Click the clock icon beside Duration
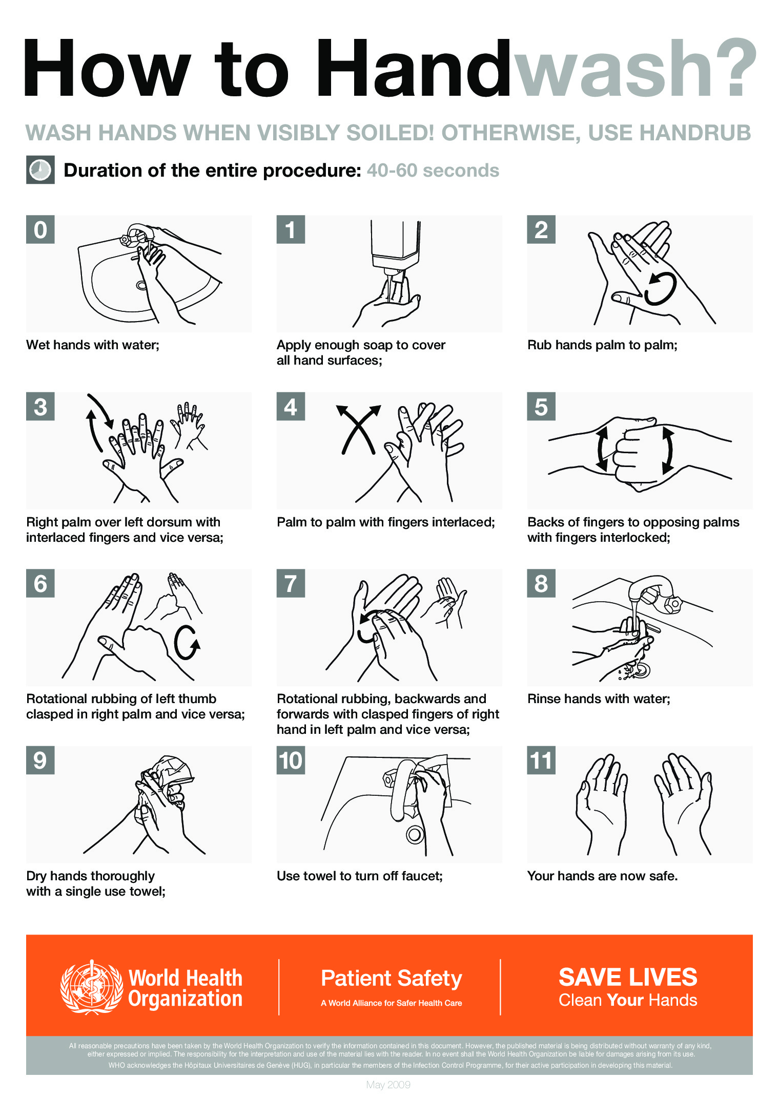pos(40,170)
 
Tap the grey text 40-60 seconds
pos(433,171)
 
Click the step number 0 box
pos(40,229)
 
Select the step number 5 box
pos(541,407)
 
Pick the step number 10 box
pos(291,760)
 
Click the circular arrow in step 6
pos(186,643)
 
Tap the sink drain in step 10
pos(415,834)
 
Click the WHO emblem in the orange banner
pos(91,987)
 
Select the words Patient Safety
pos(391,978)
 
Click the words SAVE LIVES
pos(627,977)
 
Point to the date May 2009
pos(388,1084)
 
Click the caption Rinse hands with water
pos(598,699)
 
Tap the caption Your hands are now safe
pos(602,876)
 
